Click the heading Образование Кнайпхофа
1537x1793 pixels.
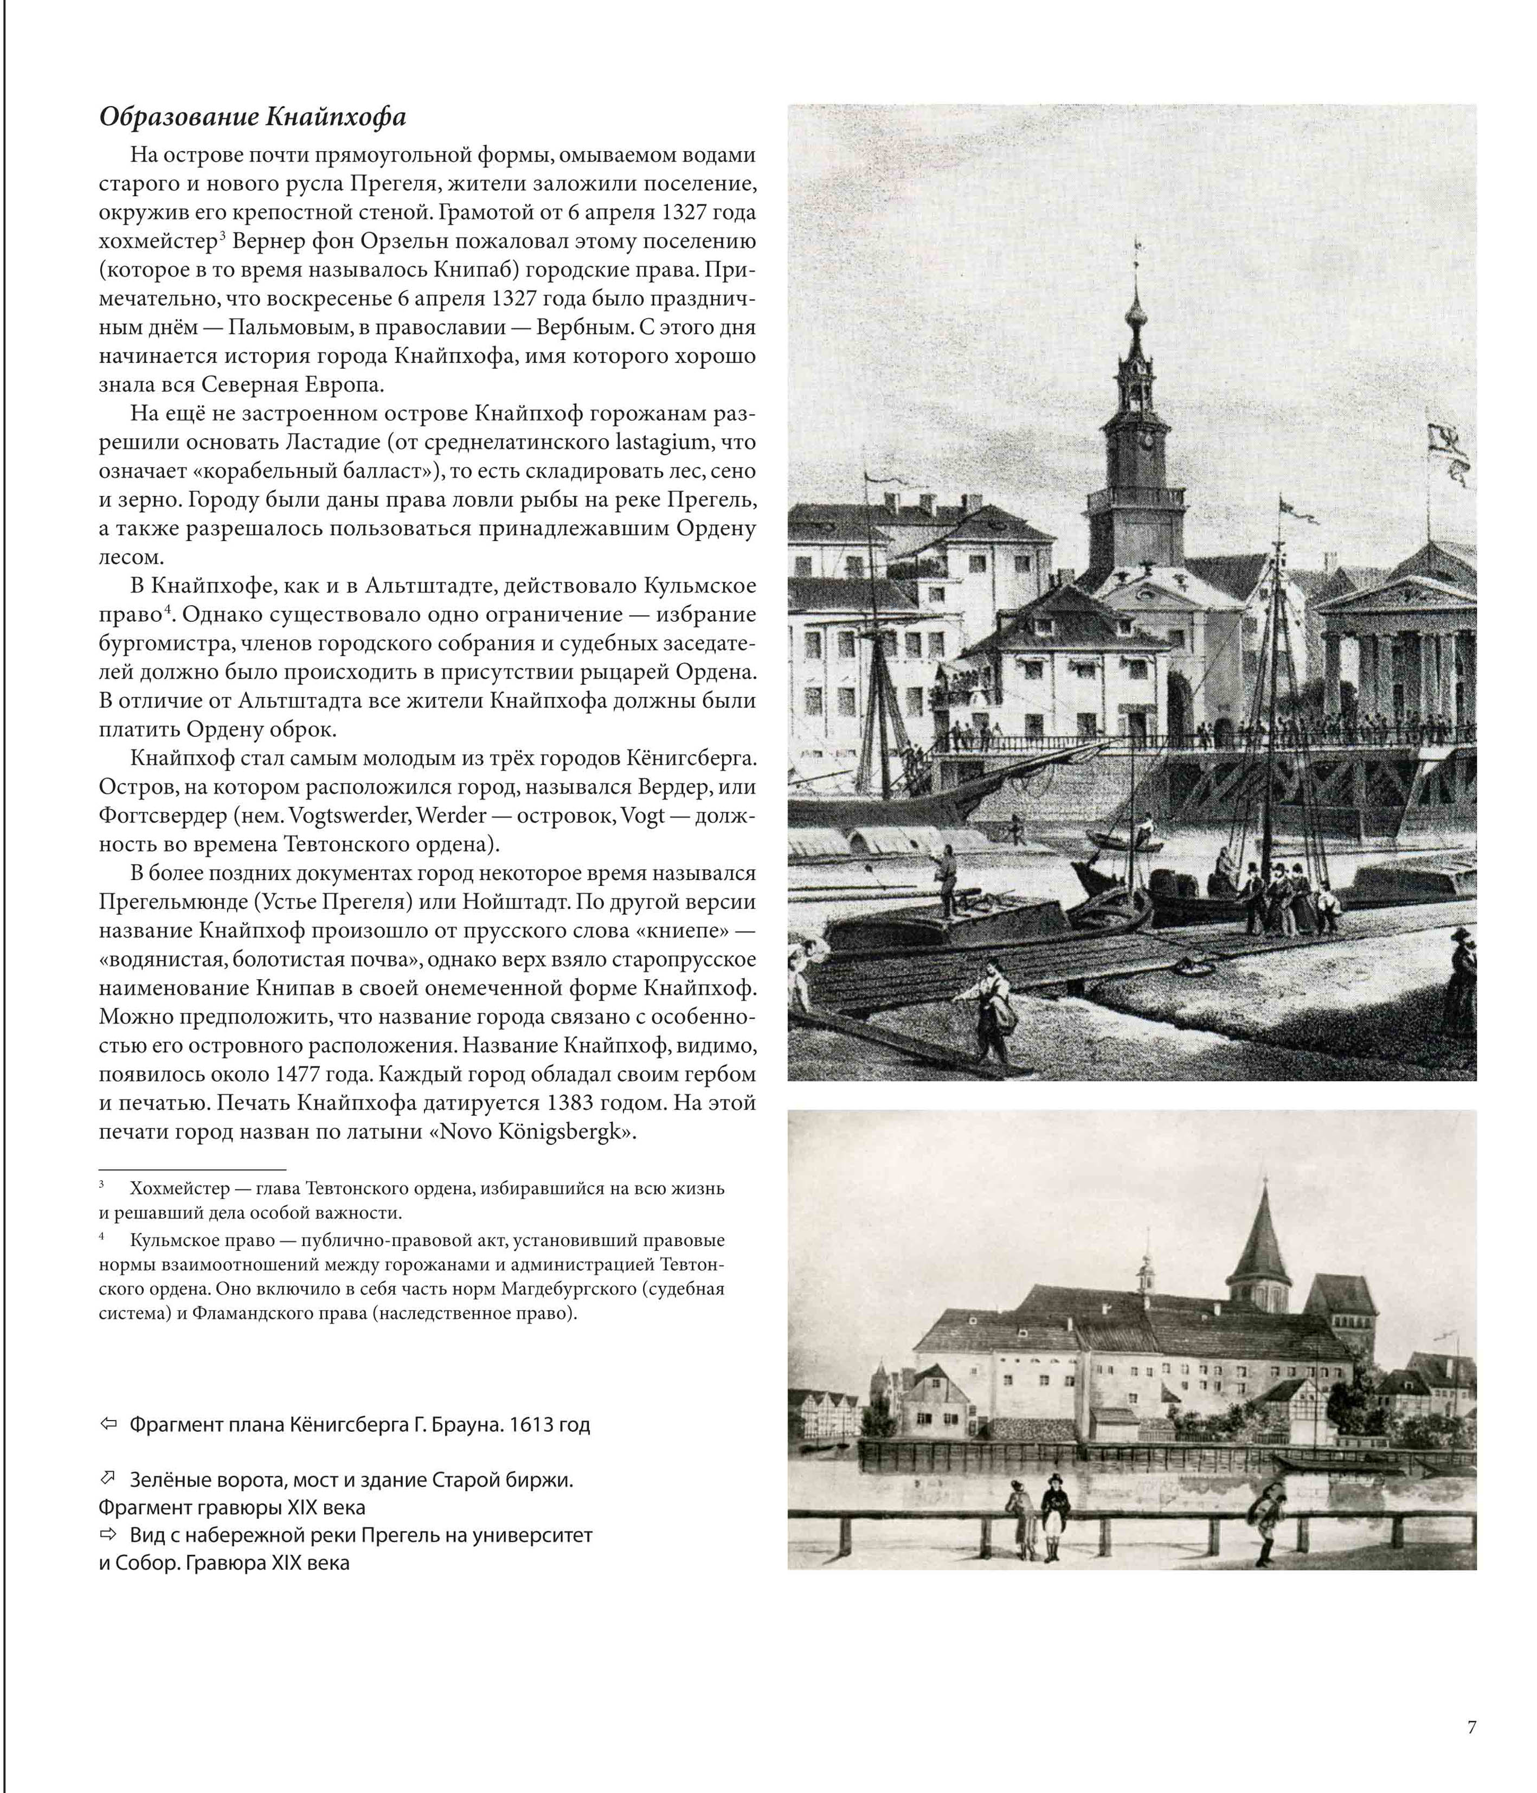coord(252,117)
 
